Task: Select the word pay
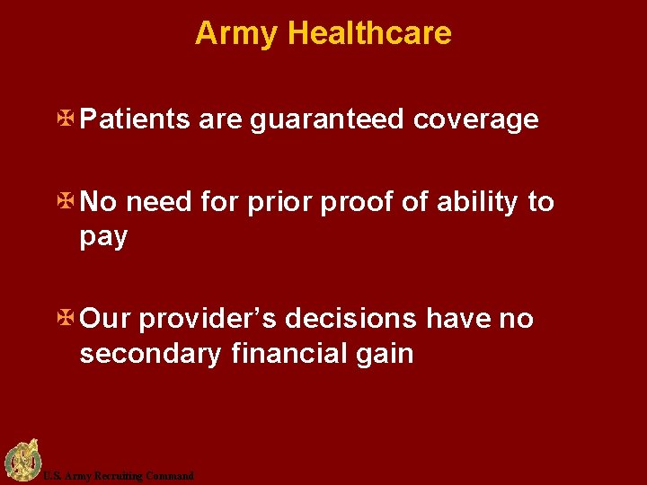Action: [x=103, y=239]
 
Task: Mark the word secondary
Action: [x=150, y=354]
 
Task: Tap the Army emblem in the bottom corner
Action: [x=21, y=461]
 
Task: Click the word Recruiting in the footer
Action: [x=114, y=476]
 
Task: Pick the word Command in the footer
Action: [x=170, y=476]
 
